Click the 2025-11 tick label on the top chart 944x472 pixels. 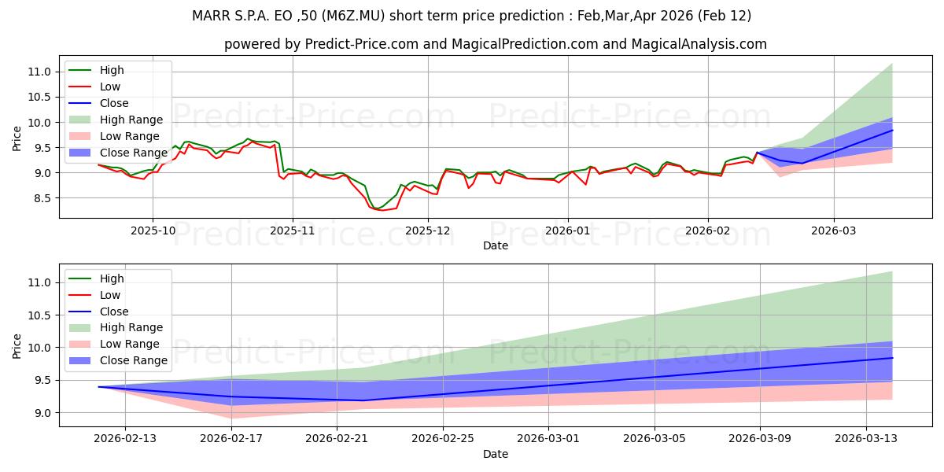(x=293, y=230)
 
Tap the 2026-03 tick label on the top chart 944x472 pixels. (x=834, y=230)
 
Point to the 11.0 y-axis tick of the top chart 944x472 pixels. (x=40, y=72)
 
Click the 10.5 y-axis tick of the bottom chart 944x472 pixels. (x=40, y=315)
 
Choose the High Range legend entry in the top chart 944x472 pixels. (x=131, y=120)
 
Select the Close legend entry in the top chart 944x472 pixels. (x=114, y=103)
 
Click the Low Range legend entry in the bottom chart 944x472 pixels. (x=129, y=344)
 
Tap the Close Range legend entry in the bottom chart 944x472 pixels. (x=133, y=360)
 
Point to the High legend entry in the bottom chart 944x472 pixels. (x=112, y=278)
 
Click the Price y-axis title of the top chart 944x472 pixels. (x=17, y=137)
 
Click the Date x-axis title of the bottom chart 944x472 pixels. (x=496, y=454)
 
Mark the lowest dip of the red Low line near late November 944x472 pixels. (x=382, y=210)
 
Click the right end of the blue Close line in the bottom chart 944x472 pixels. (x=892, y=358)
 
